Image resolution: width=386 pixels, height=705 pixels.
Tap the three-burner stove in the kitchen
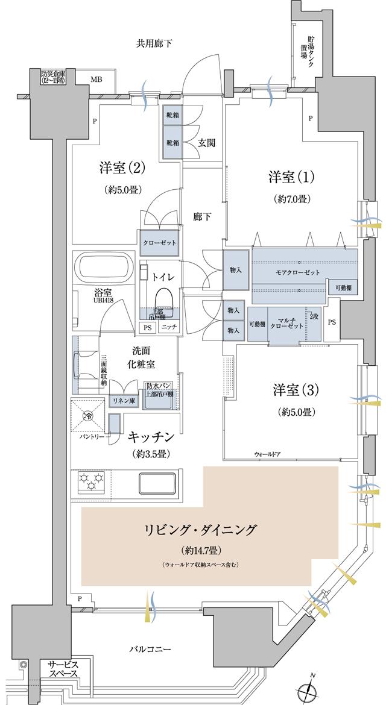point(91,483)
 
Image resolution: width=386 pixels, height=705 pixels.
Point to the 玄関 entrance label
point(207,143)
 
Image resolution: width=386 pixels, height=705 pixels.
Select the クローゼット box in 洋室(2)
point(159,242)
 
